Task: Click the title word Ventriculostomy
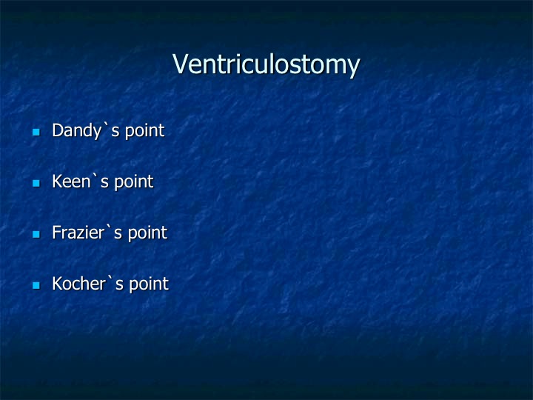coord(266,64)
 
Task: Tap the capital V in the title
coord(181,63)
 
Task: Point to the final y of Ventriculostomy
coord(354,67)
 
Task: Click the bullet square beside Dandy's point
coord(36,132)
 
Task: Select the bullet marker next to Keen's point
coord(36,183)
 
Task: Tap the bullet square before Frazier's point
coord(36,234)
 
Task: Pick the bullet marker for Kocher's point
coord(36,285)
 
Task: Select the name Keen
coord(71,181)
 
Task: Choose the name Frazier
coord(78,233)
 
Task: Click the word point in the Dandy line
coord(145,131)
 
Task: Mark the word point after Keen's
coord(134,182)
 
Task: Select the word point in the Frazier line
coord(147,233)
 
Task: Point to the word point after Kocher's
coord(149,284)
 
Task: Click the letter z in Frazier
coord(81,234)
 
